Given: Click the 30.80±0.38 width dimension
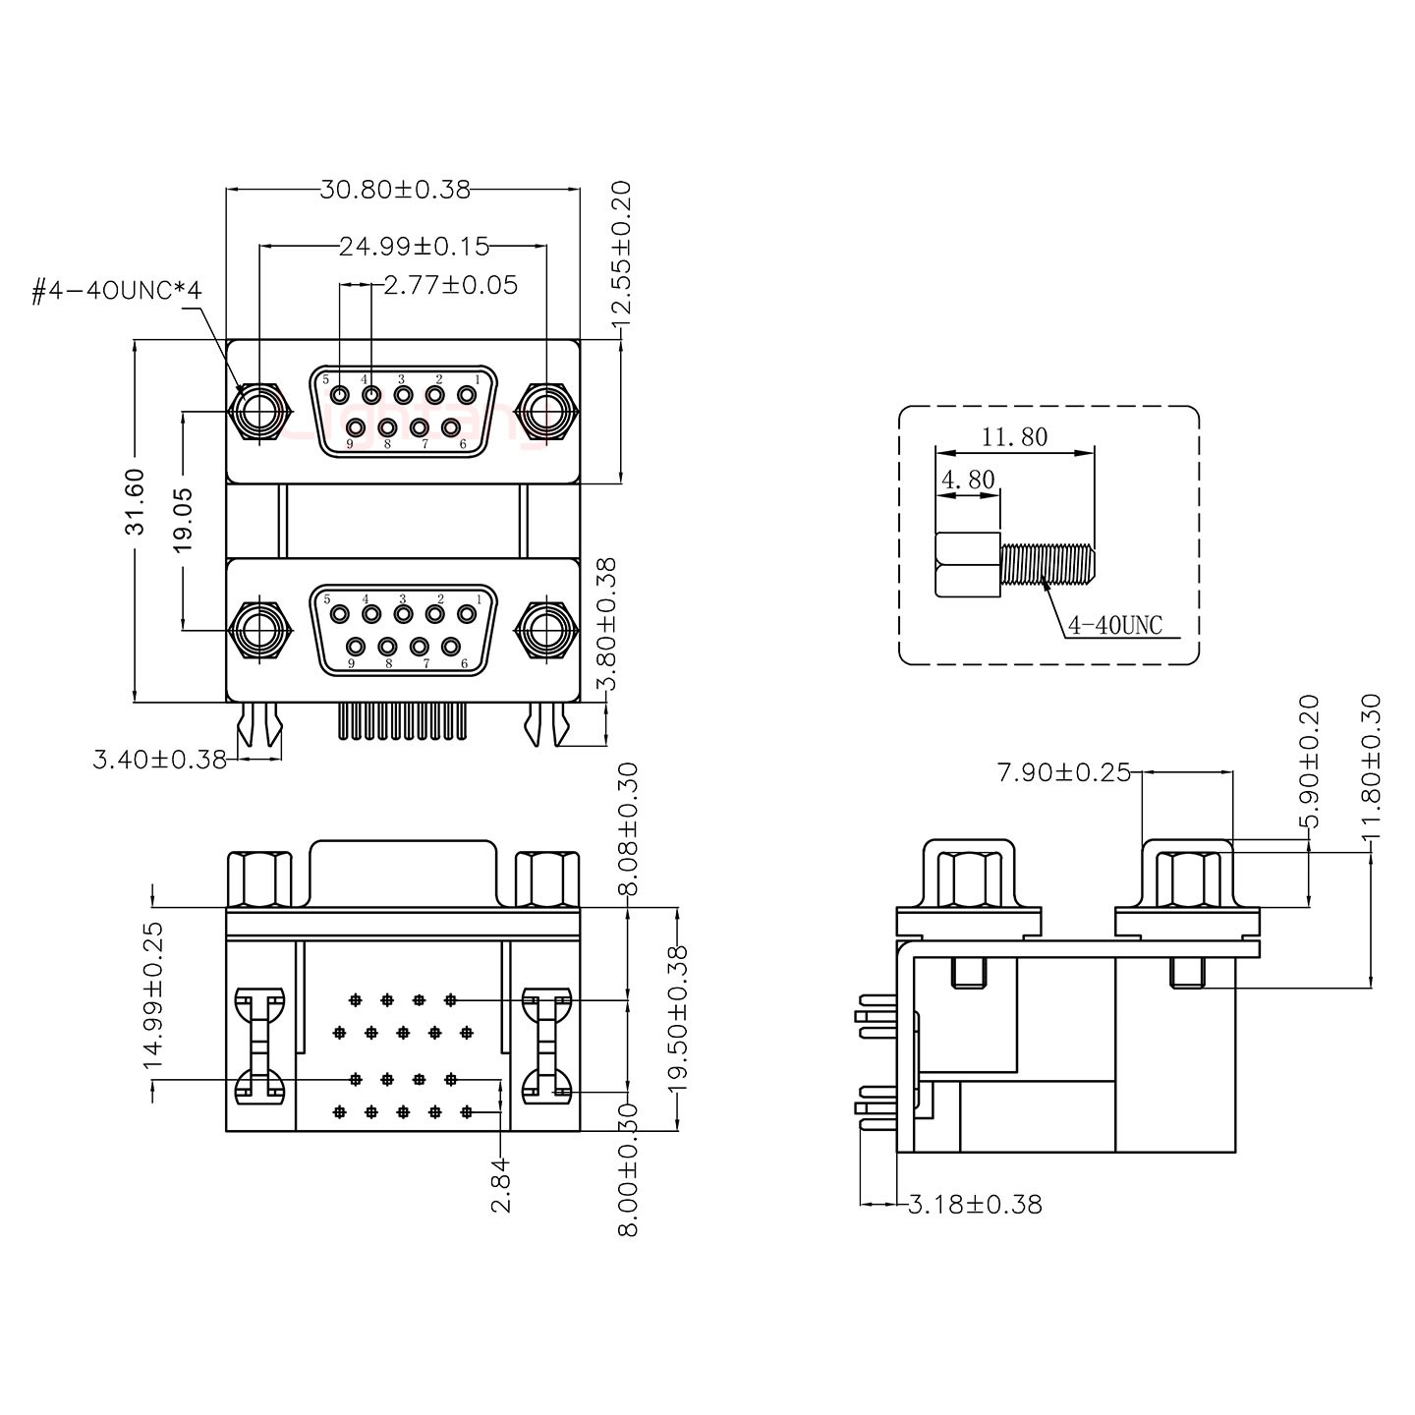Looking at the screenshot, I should (x=395, y=189).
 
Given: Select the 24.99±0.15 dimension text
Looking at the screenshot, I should (x=414, y=246).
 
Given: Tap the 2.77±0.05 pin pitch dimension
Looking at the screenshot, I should (x=450, y=285).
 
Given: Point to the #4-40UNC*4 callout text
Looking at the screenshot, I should (x=116, y=291).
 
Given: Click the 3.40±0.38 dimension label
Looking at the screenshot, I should (x=159, y=759).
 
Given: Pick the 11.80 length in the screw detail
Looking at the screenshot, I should (x=1014, y=436).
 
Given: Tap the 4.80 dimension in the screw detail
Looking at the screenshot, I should (x=968, y=480).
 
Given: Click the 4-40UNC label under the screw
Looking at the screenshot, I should (x=1114, y=625).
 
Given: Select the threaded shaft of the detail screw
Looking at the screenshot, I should (x=1047, y=563).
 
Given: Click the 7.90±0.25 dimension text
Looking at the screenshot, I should (x=1063, y=772).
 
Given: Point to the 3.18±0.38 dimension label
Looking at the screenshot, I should (x=975, y=1204).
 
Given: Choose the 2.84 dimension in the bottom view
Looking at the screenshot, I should (x=501, y=1185).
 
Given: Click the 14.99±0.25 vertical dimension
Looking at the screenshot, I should (x=153, y=994).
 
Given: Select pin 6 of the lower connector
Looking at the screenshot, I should (x=451, y=647).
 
